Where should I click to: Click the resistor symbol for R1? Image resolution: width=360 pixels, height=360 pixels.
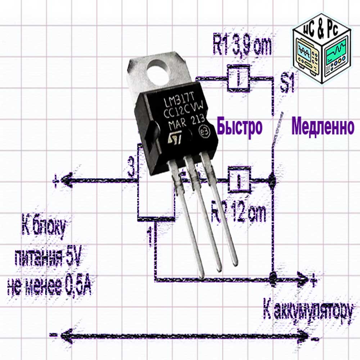(x=238, y=78)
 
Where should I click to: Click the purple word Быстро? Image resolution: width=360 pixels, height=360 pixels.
(x=239, y=127)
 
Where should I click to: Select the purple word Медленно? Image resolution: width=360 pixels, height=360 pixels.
(x=323, y=127)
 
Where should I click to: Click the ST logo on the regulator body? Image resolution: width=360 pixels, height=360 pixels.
(x=175, y=137)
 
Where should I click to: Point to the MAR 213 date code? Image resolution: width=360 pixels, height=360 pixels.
(x=187, y=122)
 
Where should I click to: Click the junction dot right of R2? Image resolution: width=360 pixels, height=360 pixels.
(x=272, y=179)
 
